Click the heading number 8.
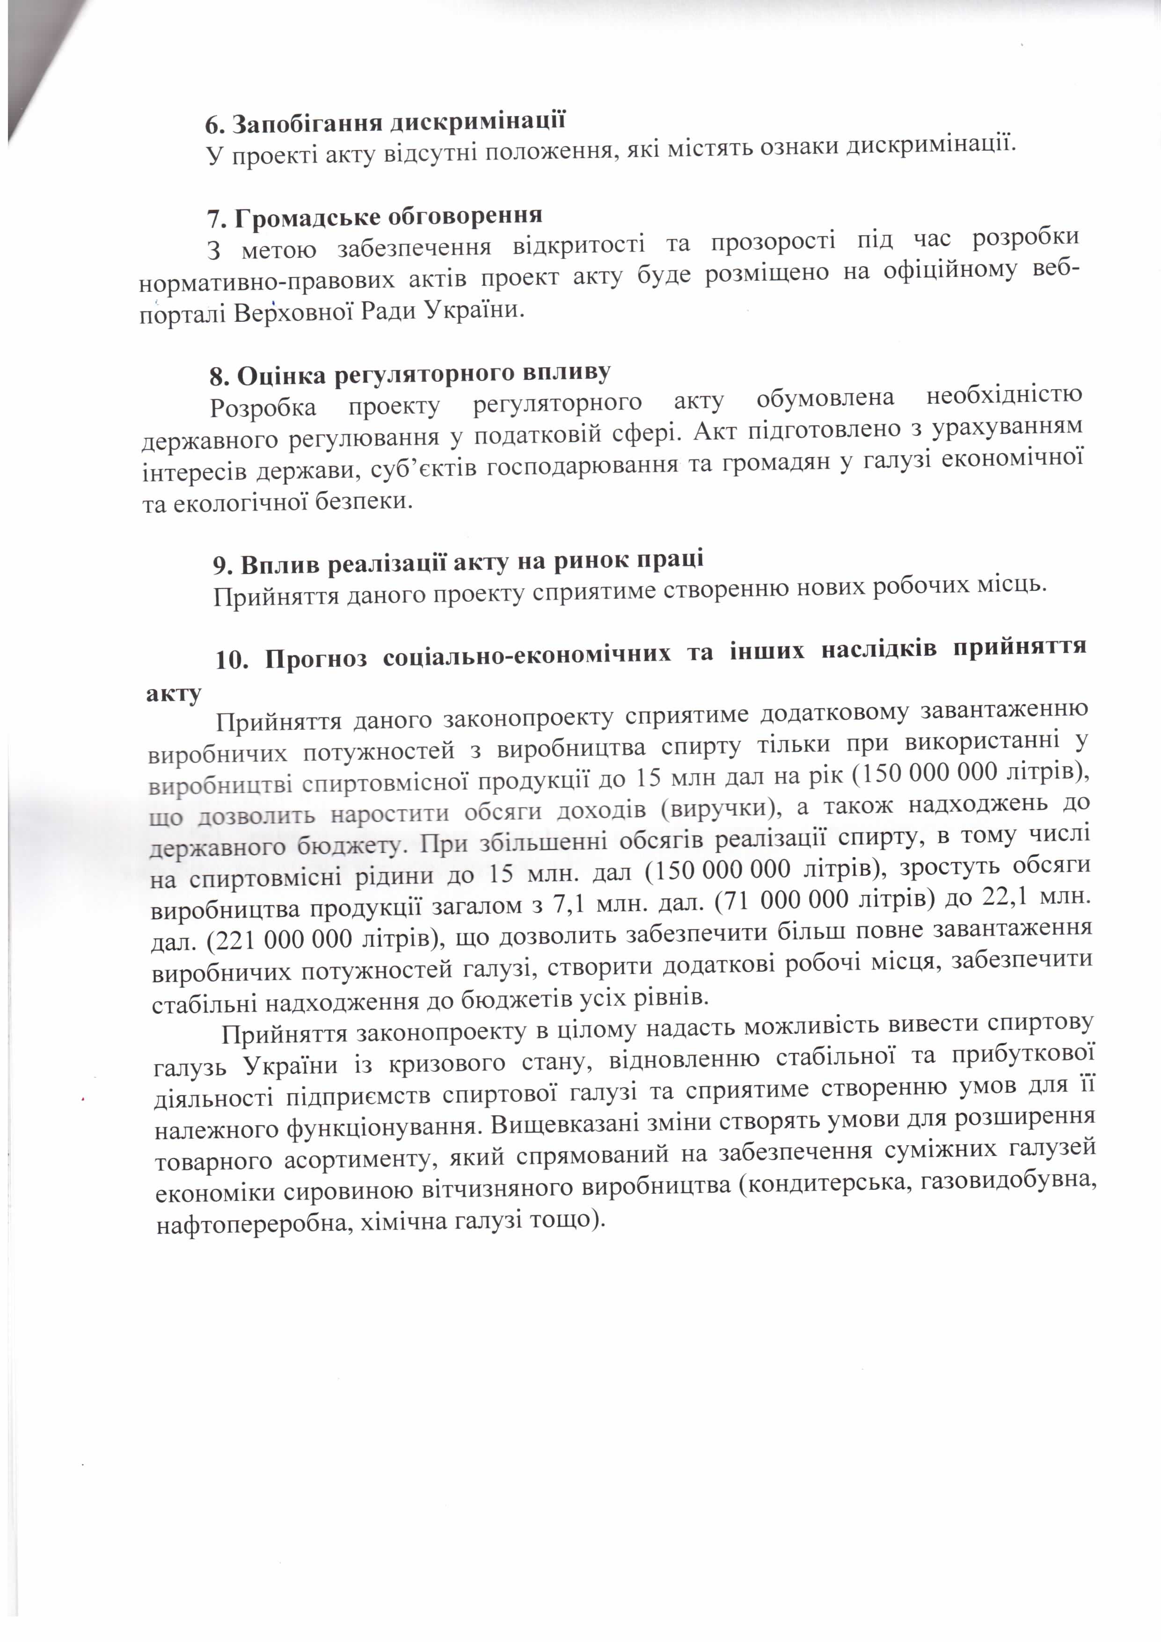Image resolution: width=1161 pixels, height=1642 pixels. tap(218, 378)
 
